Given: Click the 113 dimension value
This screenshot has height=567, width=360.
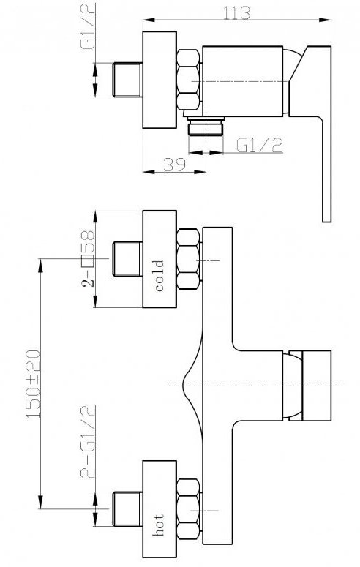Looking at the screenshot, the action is (236, 13).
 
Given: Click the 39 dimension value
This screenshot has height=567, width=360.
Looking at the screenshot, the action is (174, 165).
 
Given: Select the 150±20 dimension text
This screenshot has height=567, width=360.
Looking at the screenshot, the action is (33, 384).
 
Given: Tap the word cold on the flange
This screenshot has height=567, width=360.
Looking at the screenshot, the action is (160, 276).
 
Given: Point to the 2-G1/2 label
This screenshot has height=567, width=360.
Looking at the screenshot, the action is (88, 441).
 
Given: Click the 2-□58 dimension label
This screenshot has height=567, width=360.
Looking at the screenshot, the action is (88, 258).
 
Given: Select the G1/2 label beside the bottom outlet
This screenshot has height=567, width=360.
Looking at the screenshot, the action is (260, 145).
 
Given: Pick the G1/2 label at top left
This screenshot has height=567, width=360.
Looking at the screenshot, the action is (88, 27).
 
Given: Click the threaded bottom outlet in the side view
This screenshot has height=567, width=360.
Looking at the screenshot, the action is (206, 126).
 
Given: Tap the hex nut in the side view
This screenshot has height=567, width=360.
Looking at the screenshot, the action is (189, 80).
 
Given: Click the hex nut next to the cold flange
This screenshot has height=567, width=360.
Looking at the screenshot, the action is (189, 258).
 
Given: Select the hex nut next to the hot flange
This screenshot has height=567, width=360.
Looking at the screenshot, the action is (189, 509).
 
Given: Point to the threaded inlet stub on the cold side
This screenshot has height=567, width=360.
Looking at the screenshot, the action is (127, 258).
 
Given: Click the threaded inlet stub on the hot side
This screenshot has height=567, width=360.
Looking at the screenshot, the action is (127, 508).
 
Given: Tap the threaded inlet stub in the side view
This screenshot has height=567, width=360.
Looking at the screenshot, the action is (127, 80).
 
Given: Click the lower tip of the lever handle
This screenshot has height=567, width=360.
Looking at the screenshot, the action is (327, 221).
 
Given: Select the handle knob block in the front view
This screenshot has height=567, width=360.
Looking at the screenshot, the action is (316, 386).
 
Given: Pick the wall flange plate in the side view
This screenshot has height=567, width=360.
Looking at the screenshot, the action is (160, 80).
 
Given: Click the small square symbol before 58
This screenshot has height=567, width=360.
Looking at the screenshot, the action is (88, 259).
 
